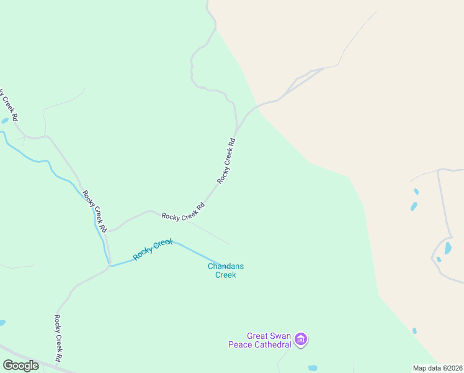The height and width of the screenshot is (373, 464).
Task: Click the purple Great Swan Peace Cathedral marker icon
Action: pos(301,339)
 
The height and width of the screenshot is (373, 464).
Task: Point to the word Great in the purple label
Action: pos(257,336)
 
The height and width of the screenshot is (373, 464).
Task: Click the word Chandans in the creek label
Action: pos(225,267)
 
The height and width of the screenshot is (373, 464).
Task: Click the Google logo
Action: pos(20,365)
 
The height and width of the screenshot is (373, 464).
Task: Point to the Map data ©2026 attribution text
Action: pos(437,368)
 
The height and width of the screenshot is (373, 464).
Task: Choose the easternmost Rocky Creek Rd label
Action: pos(227,160)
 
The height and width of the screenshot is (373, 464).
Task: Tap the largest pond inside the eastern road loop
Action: pos(448,249)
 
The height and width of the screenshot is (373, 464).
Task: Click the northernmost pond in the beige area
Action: pos(416,191)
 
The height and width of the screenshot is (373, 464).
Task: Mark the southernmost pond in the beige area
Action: pos(414,331)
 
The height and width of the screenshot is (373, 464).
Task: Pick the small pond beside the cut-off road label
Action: pos(5,120)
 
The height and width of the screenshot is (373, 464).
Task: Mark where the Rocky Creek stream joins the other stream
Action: pos(110,265)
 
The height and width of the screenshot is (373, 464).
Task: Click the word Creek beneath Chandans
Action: pos(225,275)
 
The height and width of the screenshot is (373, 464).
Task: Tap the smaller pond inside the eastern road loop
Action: pos(439,259)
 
